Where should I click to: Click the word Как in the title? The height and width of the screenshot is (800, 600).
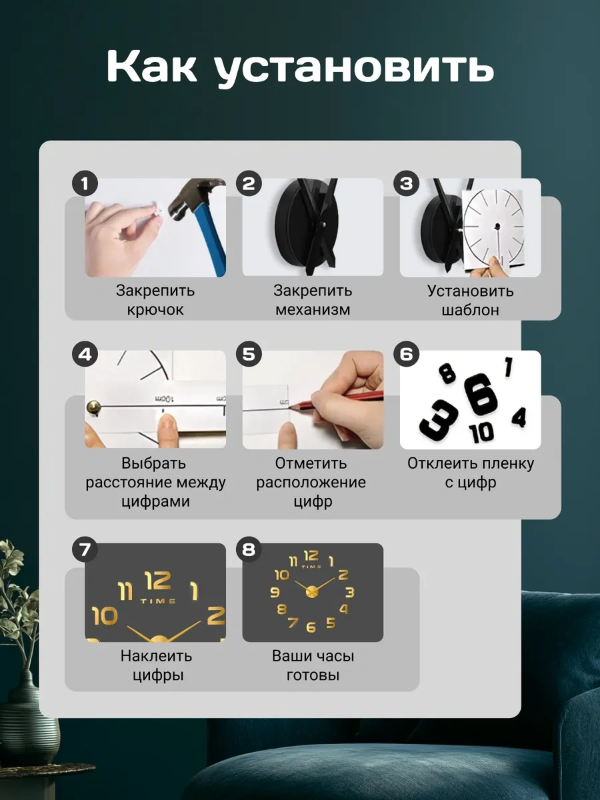point(151,66)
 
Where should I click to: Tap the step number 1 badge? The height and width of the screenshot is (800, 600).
point(85,183)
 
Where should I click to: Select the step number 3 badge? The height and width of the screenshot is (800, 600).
point(407,183)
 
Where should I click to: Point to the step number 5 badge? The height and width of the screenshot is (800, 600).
point(249,354)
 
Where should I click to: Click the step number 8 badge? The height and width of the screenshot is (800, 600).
point(249,549)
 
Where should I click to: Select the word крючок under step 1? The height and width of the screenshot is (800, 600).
point(155,310)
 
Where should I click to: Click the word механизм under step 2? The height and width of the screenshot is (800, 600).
point(313,310)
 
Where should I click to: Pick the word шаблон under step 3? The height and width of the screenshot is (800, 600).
point(470,310)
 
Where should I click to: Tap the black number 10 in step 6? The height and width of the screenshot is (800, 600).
point(481,433)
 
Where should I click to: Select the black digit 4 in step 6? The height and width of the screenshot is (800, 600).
point(519,417)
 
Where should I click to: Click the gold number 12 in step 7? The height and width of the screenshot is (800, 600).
point(157,581)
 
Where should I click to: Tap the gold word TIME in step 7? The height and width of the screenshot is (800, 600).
point(158,601)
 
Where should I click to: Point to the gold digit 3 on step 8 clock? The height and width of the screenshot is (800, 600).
point(349,592)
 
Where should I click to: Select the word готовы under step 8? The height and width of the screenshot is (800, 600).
point(313,675)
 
